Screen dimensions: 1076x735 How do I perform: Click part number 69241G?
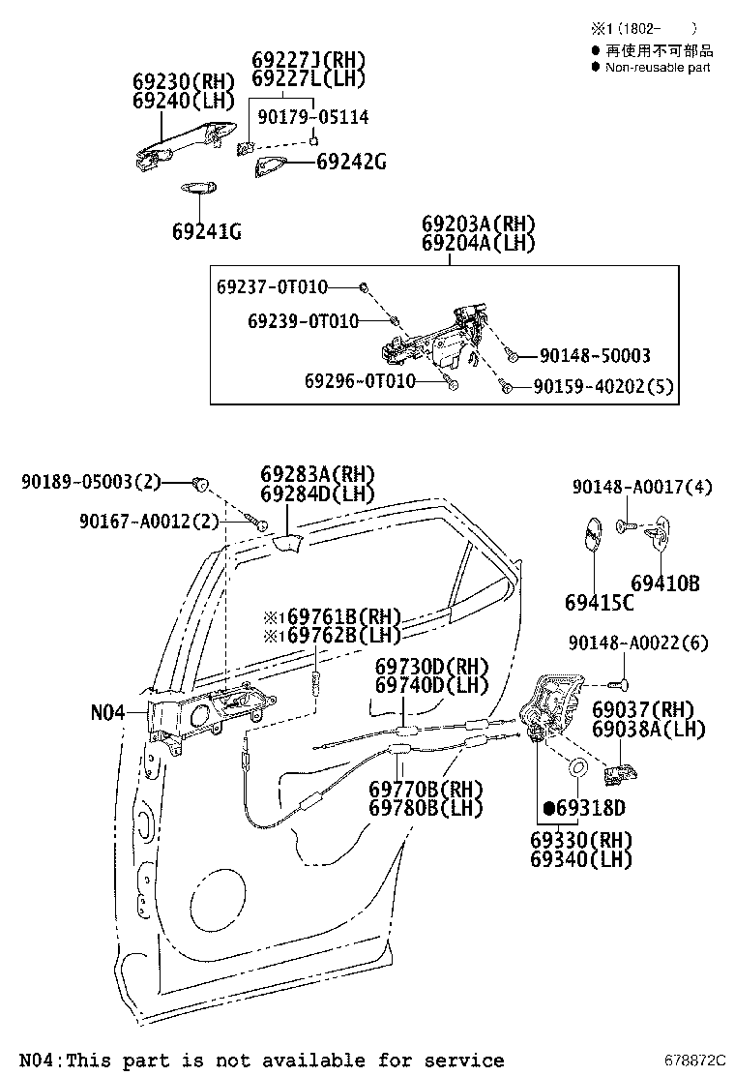(x=206, y=231)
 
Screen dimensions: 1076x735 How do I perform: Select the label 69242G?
(x=351, y=163)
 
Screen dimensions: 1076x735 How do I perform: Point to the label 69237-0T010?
(x=272, y=287)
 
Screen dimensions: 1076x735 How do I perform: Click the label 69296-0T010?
(x=360, y=381)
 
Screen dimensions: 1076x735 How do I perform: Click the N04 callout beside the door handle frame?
(x=108, y=712)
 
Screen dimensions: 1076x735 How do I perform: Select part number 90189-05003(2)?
(x=91, y=481)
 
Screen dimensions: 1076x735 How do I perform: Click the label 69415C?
(x=600, y=602)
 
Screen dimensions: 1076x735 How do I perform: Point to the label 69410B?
(x=665, y=583)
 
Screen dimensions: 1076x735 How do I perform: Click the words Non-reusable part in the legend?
(x=658, y=67)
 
